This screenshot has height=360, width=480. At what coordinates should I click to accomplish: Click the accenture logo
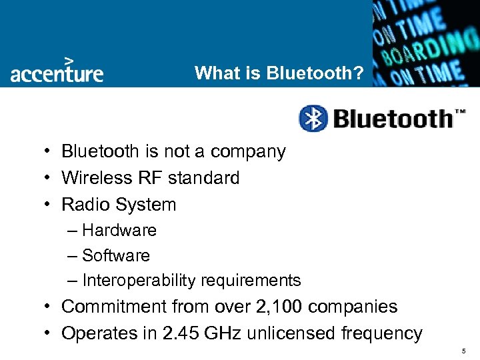(x=57, y=71)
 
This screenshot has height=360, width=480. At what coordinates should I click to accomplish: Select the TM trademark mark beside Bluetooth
(x=459, y=111)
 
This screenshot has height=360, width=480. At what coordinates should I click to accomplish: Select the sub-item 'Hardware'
(x=119, y=230)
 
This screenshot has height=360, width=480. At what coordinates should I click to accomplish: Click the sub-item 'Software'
(x=116, y=255)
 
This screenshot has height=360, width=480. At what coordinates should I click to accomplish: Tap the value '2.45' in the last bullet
(x=181, y=333)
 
